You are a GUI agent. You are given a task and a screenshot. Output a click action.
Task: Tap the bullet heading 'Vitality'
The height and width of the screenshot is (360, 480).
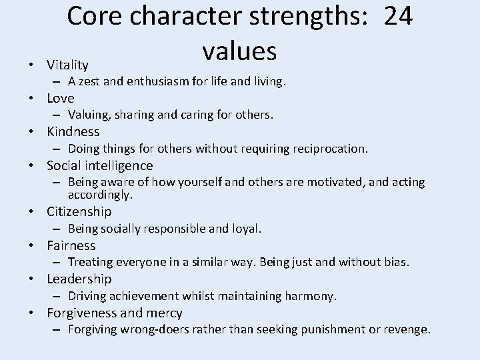[x=67, y=65]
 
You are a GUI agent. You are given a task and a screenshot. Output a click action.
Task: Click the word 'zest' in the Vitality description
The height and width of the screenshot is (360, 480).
[x=95, y=82]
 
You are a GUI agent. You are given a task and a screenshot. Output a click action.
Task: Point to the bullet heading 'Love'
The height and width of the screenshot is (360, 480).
[x=61, y=98]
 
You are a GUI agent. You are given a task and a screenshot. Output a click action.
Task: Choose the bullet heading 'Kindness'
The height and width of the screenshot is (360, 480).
[x=73, y=132]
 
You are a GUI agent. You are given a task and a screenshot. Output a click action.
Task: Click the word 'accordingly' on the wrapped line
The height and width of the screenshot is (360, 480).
[x=99, y=195]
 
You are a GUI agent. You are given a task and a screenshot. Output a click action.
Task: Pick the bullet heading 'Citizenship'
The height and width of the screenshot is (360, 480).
[x=79, y=212]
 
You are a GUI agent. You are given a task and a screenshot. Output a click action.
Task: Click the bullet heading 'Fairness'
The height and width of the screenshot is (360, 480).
[x=71, y=245]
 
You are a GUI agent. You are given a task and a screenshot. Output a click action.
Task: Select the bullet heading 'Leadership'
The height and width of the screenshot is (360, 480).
[x=79, y=279]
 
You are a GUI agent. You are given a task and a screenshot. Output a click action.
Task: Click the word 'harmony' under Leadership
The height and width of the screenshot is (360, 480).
[x=313, y=295]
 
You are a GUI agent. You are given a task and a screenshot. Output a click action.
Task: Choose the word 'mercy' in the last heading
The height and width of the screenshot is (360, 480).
[x=164, y=313]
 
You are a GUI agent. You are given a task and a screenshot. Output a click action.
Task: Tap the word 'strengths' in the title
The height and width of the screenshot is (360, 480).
[x=300, y=17]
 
